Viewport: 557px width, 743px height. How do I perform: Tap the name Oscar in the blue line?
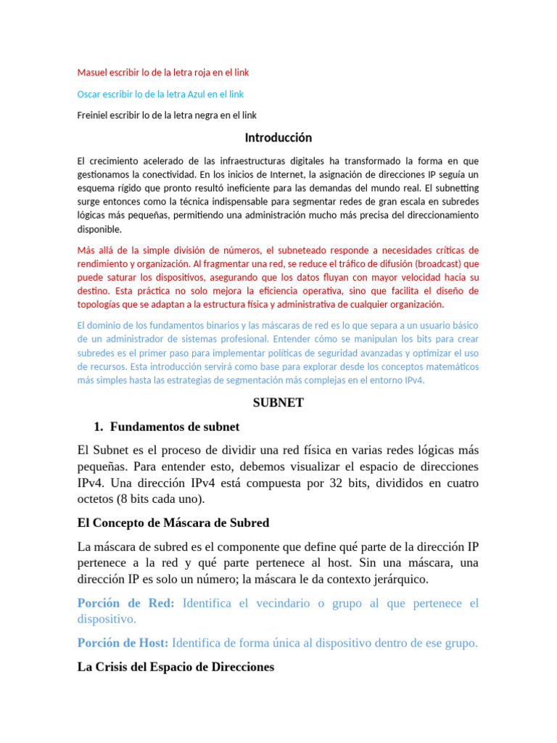click(x=89, y=94)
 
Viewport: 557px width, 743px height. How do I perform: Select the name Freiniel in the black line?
click(x=94, y=115)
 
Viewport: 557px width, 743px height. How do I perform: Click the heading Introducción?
click(x=278, y=138)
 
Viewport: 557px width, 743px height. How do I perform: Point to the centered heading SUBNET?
click(x=278, y=403)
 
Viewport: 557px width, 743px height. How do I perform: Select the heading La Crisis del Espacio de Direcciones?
click(x=176, y=667)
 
